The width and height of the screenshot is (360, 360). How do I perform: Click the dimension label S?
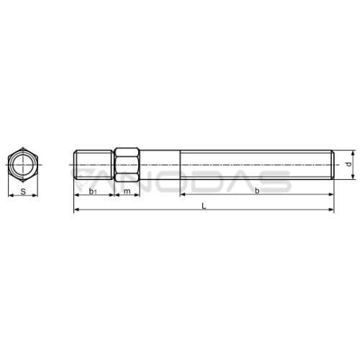[x=23, y=192]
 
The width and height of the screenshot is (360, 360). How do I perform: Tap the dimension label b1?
[x=93, y=192]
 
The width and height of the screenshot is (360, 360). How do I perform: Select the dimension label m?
[x=127, y=192]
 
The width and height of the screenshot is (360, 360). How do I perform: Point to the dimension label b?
[x=257, y=191]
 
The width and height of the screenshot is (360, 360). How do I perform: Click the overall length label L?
[x=204, y=206]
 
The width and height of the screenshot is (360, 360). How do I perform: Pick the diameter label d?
[x=349, y=164]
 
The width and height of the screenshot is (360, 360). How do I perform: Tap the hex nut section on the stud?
[x=127, y=165]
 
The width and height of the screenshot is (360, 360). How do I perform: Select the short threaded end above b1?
[x=94, y=165]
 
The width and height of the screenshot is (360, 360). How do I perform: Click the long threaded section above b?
[x=257, y=165]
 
